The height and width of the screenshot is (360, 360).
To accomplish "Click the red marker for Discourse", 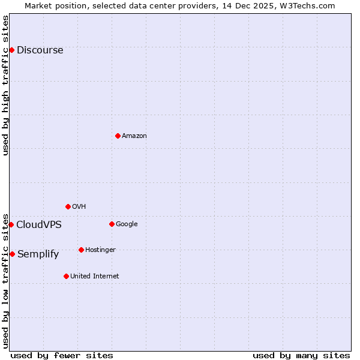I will [x=11, y=50].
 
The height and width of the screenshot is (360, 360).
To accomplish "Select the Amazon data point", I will [x=118, y=136].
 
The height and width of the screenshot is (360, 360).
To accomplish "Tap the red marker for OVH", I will [x=68, y=206].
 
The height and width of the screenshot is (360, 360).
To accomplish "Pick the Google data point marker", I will [x=112, y=224].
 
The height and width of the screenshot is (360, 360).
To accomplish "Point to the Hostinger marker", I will [x=81, y=250].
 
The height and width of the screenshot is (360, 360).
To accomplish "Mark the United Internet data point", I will [x=66, y=276].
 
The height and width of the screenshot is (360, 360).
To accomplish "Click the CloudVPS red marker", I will [x=11, y=224].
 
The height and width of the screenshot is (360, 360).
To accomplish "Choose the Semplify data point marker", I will [x=12, y=254].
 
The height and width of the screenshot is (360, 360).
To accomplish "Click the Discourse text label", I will [x=40, y=50].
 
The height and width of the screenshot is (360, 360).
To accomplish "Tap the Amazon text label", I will [x=134, y=136].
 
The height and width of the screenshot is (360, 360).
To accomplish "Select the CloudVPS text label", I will [x=38, y=224].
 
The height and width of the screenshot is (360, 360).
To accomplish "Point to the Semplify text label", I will [x=38, y=254].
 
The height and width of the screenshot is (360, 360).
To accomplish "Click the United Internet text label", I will [x=94, y=276].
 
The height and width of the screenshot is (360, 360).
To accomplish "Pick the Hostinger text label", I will [x=100, y=250].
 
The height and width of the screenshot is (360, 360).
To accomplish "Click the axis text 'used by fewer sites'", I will [x=62, y=355].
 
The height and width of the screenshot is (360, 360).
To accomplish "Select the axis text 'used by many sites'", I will [x=301, y=355].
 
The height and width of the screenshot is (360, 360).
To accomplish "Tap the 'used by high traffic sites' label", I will [x=5, y=85].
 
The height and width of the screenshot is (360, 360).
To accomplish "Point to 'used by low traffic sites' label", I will [x=5, y=280].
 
